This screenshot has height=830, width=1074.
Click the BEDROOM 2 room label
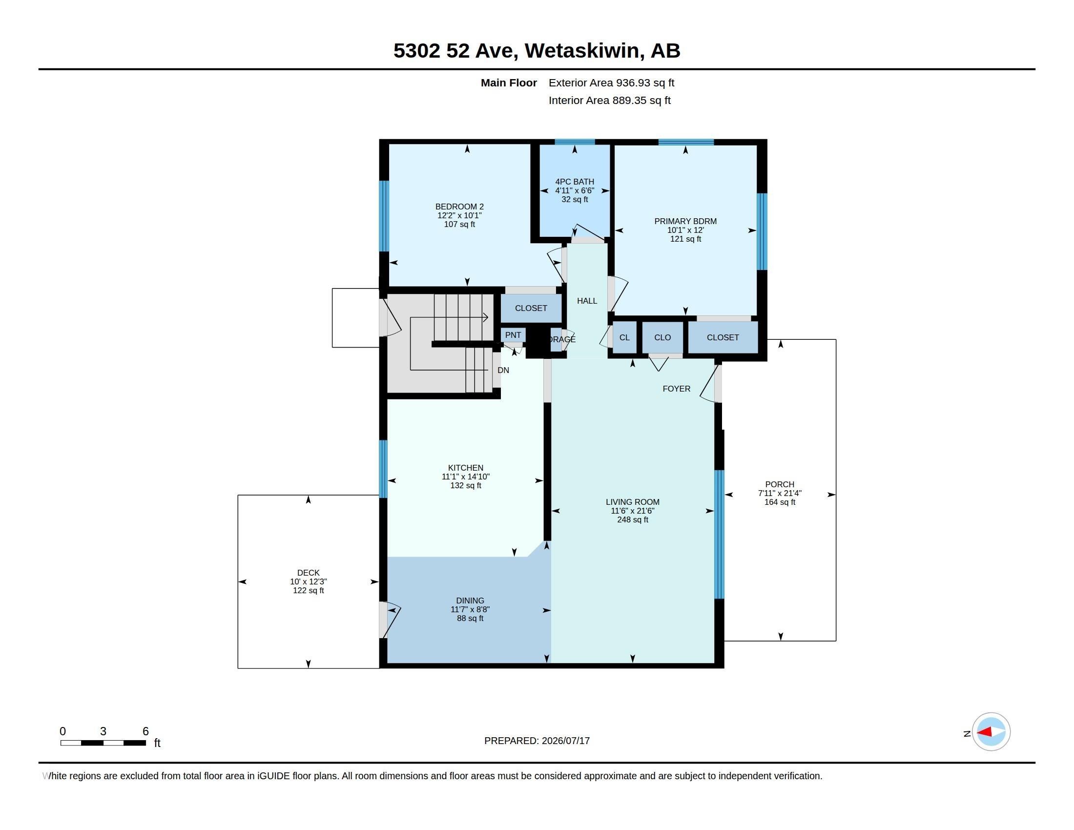(x=459, y=207)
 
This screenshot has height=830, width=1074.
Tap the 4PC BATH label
(x=575, y=182)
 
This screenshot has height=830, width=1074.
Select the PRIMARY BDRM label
(x=685, y=221)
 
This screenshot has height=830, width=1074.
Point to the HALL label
(x=587, y=301)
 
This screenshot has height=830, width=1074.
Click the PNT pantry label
(x=513, y=335)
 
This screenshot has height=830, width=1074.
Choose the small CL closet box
(x=624, y=337)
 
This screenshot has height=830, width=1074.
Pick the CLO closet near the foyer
(x=662, y=337)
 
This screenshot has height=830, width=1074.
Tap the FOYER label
(x=676, y=389)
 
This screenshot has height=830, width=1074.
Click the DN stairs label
(x=503, y=370)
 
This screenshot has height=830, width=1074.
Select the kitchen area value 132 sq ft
(x=466, y=485)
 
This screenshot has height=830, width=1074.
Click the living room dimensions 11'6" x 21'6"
(x=632, y=511)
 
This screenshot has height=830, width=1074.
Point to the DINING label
(x=470, y=601)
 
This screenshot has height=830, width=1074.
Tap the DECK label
(x=309, y=573)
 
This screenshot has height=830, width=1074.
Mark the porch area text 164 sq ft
(x=780, y=502)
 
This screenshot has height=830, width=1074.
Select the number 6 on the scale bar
(x=145, y=731)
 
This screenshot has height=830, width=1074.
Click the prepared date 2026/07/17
(x=565, y=741)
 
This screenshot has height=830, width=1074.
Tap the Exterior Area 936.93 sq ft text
(x=611, y=83)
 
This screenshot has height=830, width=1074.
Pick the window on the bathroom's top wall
(x=575, y=142)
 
